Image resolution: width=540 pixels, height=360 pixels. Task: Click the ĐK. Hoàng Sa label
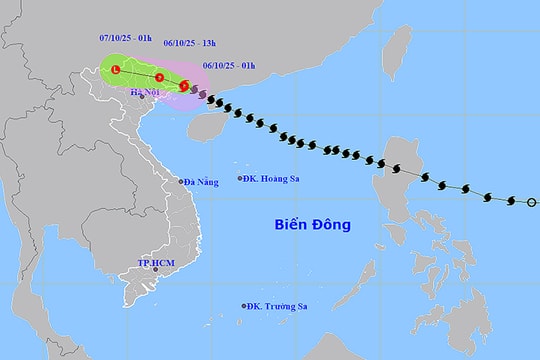274,179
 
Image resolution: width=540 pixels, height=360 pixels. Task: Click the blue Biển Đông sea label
313,224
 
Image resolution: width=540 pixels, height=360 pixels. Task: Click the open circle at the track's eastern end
531,203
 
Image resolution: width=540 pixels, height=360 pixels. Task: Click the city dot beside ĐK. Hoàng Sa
240,179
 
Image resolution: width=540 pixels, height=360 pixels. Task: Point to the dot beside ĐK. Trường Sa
244,307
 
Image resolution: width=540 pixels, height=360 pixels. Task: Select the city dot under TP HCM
155,270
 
